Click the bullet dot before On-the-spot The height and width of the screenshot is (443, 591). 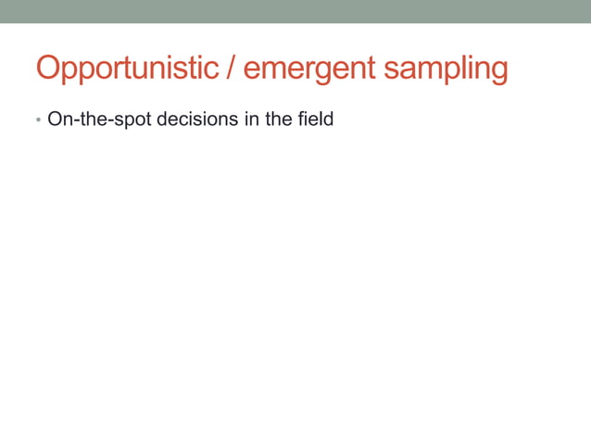pyautogui.click(x=38, y=121)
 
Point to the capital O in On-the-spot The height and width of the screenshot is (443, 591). pyautogui.click(x=54, y=120)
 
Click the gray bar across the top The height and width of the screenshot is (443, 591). pyautogui.click(x=295, y=11)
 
